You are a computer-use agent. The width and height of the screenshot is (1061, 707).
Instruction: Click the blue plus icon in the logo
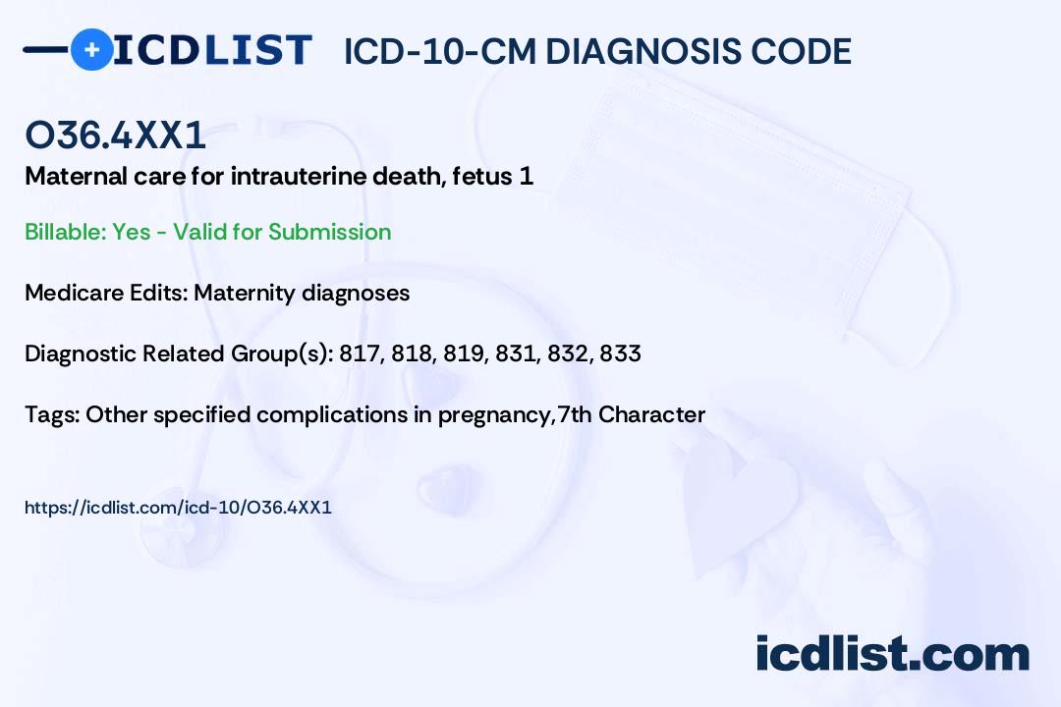(92, 49)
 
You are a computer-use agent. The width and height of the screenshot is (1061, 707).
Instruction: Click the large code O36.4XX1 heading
(115, 135)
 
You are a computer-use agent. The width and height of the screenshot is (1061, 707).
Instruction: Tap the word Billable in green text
(65, 232)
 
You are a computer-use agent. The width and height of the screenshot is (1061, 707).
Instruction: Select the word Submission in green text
(329, 232)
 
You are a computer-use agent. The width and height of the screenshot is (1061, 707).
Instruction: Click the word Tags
(52, 414)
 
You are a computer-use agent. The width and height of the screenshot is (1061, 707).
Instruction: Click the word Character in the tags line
(651, 414)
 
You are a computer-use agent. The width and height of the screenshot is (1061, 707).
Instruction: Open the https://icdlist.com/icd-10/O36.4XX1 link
(178, 508)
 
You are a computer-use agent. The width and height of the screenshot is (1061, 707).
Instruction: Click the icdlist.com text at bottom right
(892, 654)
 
